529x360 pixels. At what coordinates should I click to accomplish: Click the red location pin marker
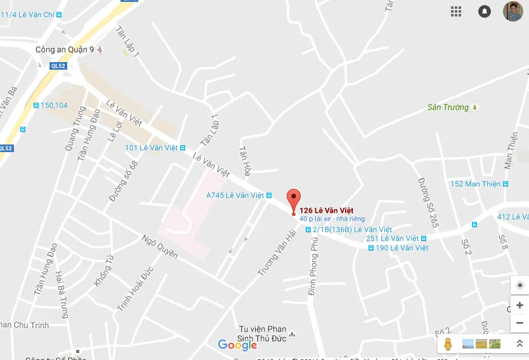(293, 198)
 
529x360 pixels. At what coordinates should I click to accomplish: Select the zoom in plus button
(519, 305)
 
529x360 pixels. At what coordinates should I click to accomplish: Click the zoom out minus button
(519, 323)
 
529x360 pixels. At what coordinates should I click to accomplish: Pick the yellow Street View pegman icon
(448, 344)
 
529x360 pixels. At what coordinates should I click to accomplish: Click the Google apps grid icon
(456, 11)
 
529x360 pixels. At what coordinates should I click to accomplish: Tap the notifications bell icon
(485, 11)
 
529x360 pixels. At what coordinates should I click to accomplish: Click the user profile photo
(513, 11)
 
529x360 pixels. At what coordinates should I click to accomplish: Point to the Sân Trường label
(448, 108)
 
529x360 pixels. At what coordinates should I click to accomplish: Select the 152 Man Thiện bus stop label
(475, 184)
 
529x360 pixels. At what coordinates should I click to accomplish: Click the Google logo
(237, 345)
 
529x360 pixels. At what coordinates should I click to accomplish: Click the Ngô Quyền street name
(160, 247)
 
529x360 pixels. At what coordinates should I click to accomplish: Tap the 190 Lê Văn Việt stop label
(402, 248)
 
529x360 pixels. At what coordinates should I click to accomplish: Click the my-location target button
(519, 285)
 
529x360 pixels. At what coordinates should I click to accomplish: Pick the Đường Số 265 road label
(428, 202)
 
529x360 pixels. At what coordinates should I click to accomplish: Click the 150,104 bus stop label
(53, 105)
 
